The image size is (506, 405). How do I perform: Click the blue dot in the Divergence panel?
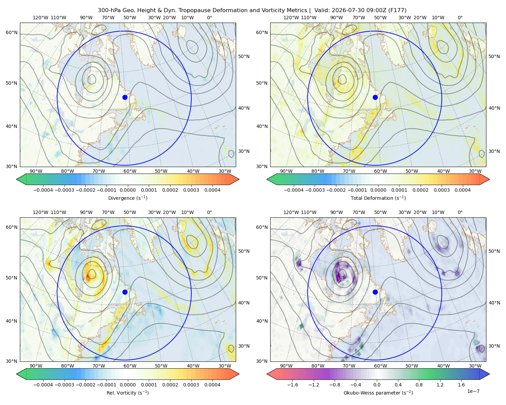click(125, 98)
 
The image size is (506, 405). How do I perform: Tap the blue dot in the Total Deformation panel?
click(375, 98)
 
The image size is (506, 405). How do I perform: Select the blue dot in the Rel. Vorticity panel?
click(125, 292)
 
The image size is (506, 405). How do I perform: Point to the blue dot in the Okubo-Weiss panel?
click(375, 292)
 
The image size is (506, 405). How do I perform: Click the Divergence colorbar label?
click(128, 198)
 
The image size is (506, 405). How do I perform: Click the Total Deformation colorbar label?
click(378, 198)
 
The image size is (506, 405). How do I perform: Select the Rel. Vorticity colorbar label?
click(128, 393)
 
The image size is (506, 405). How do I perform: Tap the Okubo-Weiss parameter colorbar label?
click(378, 393)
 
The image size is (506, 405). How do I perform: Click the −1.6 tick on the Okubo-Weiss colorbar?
click(292, 385)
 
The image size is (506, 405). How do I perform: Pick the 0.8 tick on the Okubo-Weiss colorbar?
click(419, 385)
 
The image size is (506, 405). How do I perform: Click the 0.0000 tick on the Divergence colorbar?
click(128, 190)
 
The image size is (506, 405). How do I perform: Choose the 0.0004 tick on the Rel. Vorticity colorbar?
click(212, 385)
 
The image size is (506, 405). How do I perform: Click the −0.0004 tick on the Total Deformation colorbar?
click(294, 190)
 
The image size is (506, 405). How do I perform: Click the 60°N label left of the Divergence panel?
click(11, 32)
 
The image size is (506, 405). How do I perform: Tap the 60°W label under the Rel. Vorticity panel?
click(130, 366)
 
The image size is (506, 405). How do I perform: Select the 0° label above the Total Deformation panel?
click(460, 18)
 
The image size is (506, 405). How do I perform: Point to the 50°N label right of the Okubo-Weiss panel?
click(494, 251)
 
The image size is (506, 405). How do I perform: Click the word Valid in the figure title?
click(321, 10)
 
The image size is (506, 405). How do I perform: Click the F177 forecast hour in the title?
click(397, 10)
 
